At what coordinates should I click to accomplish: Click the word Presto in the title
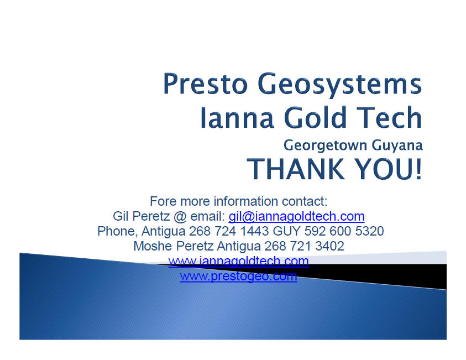click(x=206, y=84)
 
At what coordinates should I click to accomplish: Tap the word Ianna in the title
click(x=237, y=118)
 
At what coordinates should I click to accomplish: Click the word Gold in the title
click(x=316, y=117)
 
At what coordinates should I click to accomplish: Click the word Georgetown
click(x=326, y=145)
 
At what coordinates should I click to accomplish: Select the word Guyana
click(x=397, y=146)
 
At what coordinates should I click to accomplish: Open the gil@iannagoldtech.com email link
click(x=297, y=217)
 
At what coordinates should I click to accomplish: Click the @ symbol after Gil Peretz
click(x=180, y=217)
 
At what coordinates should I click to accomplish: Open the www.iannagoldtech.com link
click(x=238, y=262)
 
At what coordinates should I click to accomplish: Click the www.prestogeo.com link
click(x=238, y=276)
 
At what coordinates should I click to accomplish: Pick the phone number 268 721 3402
click(x=305, y=246)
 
